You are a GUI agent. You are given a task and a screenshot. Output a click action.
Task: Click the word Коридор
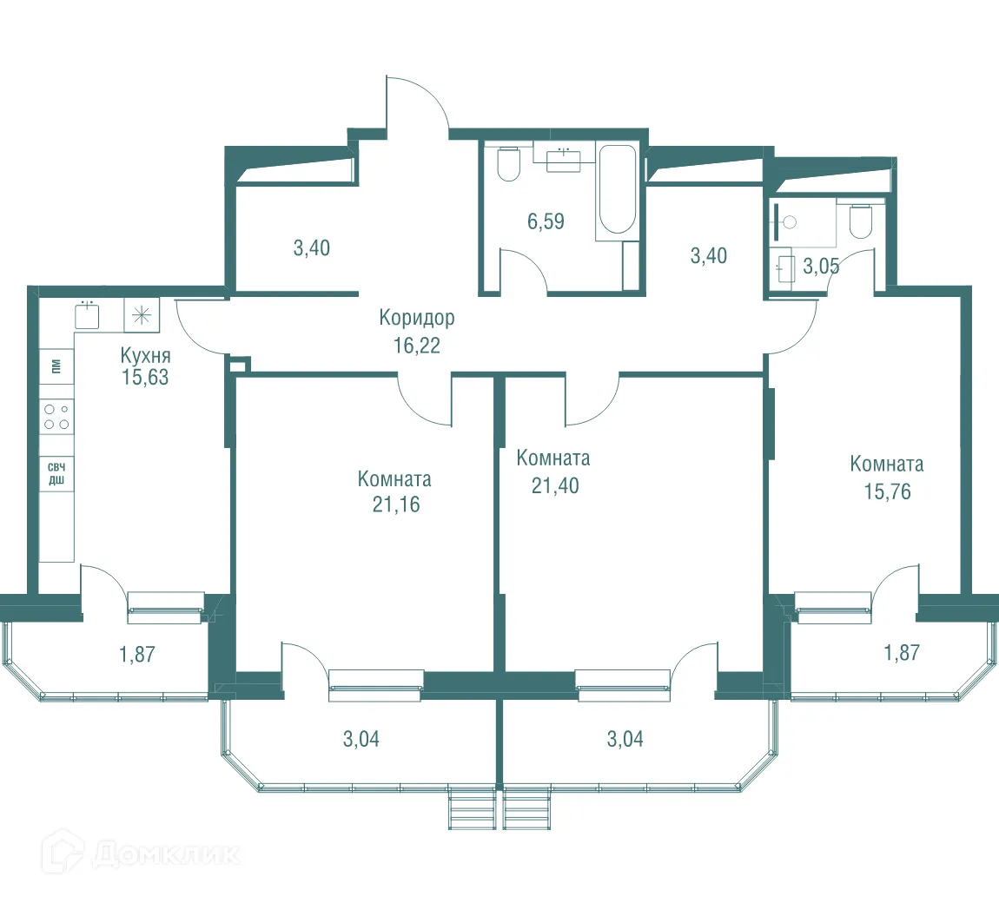417,318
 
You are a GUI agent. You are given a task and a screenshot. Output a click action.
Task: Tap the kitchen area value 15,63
145,377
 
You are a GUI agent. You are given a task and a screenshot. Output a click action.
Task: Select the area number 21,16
396,504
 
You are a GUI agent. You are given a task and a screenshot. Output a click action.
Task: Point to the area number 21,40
556,486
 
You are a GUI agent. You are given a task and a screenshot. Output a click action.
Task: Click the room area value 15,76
888,491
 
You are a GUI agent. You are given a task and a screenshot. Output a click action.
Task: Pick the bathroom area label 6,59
546,221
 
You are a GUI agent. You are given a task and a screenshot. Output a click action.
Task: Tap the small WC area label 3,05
821,267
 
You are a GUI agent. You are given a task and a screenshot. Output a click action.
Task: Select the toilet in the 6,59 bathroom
509,164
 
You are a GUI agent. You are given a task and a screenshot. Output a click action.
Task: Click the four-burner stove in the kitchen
56,417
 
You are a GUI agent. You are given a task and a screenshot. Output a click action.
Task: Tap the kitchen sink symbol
87,314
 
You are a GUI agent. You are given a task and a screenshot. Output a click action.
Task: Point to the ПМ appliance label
56,366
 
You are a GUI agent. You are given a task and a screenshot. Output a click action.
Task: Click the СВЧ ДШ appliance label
56,474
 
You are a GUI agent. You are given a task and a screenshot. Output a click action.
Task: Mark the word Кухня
145,355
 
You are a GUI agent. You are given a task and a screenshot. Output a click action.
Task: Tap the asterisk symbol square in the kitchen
142,314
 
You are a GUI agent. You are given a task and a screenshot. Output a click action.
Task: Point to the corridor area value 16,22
417,346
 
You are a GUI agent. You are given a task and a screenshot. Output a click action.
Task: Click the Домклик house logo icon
63,852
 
